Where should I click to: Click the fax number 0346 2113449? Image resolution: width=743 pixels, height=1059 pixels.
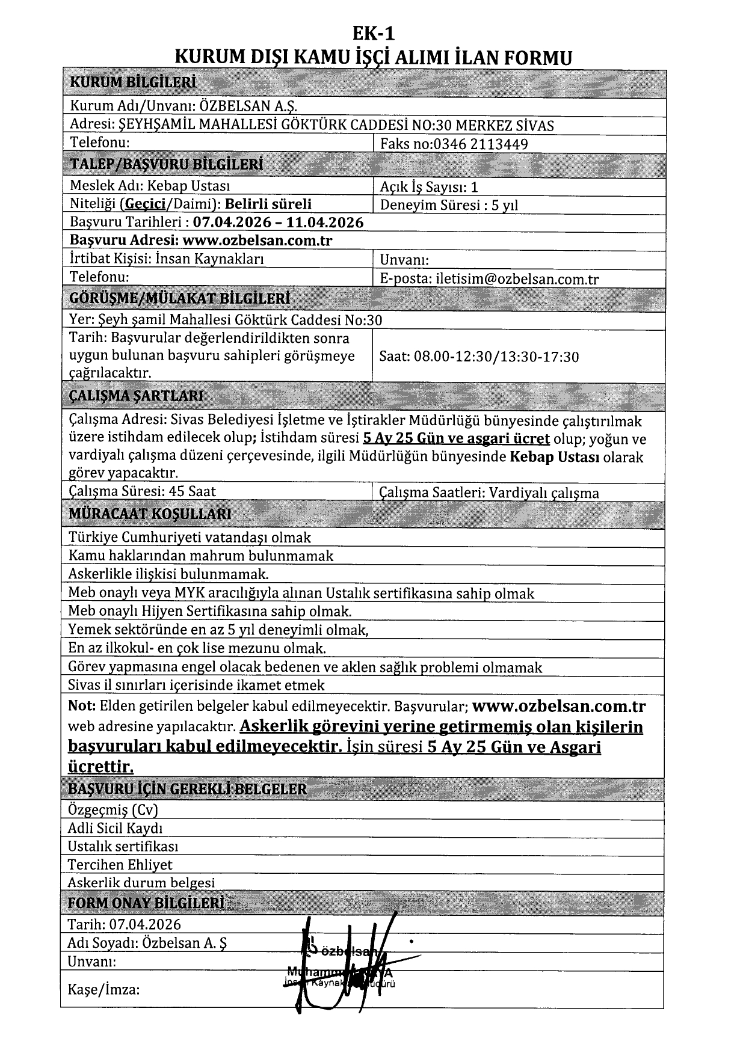pyautogui.click(x=481, y=144)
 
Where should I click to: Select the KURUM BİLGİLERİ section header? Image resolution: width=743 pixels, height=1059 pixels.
pyautogui.click(x=133, y=83)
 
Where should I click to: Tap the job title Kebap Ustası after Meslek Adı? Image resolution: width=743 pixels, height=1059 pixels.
pyautogui.click(x=189, y=186)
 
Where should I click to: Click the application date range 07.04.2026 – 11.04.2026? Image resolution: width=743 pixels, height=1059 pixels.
pyautogui.click(x=279, y=223)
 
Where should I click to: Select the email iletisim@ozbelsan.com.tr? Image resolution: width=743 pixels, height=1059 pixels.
pyautogui.click(x=517, y=279)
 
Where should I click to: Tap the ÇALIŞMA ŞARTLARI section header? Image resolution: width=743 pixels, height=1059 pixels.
pyautogui.click(x=137, y=396)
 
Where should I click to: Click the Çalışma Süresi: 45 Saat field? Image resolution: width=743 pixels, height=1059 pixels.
pyautogui.click(x=143, y=491)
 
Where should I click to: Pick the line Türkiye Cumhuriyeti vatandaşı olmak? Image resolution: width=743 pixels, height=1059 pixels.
pyautogui.click(x=190, y=537)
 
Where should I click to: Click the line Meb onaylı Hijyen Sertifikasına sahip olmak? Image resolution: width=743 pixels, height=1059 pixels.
pyautogui.click(x=209, y=612)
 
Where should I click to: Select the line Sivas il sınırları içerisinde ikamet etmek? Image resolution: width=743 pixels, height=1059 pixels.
pyautogui.click(x=196, y=685)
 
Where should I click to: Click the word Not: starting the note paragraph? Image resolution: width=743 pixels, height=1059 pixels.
pyautogui.click(x=81, y=705)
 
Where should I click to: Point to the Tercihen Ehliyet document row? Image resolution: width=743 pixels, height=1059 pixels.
pyautogui.click(x=120, y=865)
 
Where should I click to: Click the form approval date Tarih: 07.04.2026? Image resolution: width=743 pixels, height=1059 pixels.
pyautogui.click(x=125, y=924)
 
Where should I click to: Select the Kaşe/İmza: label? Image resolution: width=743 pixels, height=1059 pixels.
pyautogui.click(x=103, y=989)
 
